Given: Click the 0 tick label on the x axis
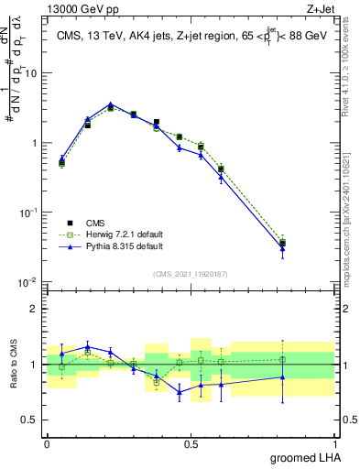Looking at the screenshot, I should click(47, 444).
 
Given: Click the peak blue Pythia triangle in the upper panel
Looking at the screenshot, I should click(111, 104).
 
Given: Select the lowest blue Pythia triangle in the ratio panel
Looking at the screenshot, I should click(180, 392).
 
